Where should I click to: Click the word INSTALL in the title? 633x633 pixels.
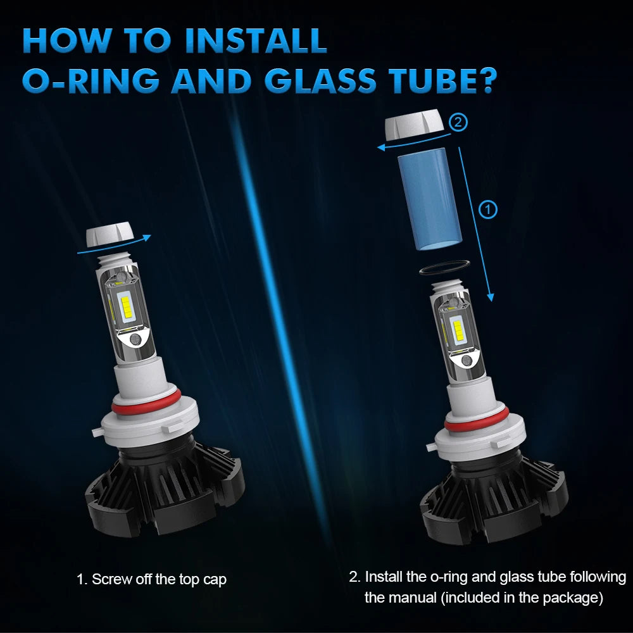[256, 41]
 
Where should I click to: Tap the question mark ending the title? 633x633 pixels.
[484, 80]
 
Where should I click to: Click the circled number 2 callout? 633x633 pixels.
[458, 122]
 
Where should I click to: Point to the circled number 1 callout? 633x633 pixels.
[487, 210]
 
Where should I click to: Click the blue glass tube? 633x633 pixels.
[430, 199]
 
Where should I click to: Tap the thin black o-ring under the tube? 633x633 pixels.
[444, 267]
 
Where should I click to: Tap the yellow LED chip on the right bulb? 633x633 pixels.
[458, 330]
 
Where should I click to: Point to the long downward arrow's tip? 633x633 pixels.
[491, 301]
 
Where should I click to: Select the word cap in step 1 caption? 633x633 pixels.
[215, 580]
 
